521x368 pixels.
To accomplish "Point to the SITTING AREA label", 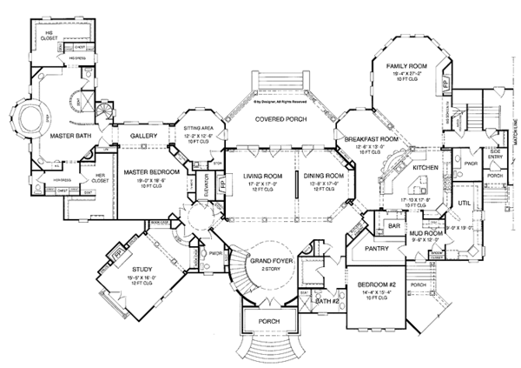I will click(x=204, y=126).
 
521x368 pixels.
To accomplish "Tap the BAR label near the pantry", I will click(x=393, y=225).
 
